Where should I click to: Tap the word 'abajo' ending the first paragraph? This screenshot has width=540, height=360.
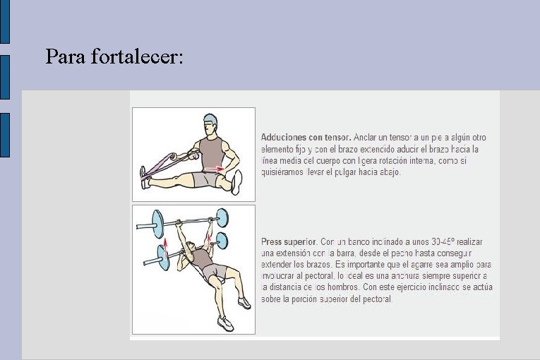click(x=389, y=172)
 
